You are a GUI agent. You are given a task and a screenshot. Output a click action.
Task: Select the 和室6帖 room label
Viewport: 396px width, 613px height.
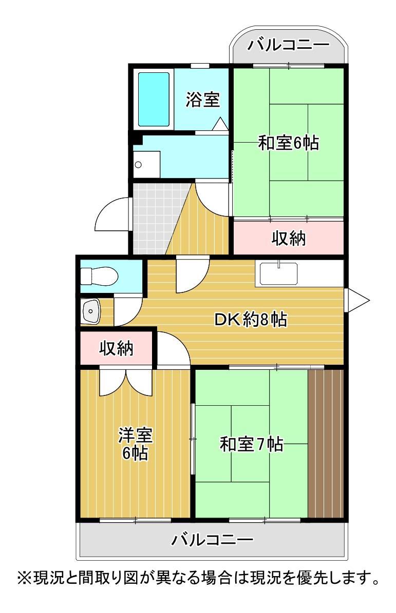[x=288, y=143]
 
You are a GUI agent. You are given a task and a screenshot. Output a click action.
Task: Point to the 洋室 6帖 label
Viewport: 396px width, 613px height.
[x=135, y=444]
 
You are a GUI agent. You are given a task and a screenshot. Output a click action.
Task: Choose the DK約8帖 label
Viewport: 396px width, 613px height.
[x=250, y=320]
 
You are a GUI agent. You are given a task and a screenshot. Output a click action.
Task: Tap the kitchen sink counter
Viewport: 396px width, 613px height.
[x=279, y=273]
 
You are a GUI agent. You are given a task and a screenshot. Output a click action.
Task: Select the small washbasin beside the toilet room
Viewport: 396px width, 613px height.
[x=92, y=311]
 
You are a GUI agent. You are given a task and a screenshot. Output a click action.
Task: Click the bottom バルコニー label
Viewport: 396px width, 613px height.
[x=212, y=540]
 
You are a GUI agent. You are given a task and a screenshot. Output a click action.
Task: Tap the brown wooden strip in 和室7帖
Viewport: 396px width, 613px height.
[x=326, y=443]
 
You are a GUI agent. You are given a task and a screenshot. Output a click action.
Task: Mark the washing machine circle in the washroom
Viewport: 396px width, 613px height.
[x=138, y=165]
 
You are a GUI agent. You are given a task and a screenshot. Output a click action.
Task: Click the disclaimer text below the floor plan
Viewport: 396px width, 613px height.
[x=198, y=581]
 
